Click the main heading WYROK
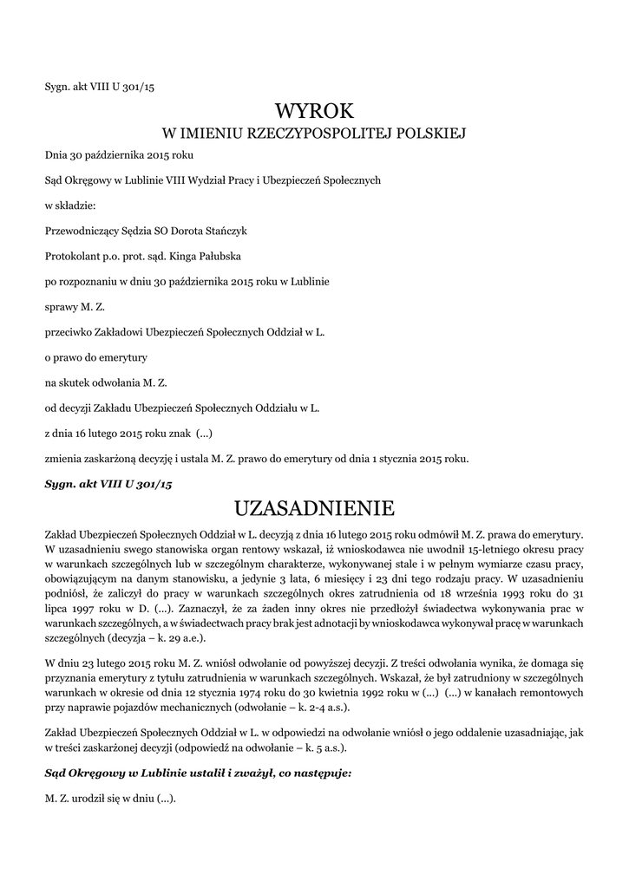pos(315,111)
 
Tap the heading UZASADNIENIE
pos(315,507)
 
